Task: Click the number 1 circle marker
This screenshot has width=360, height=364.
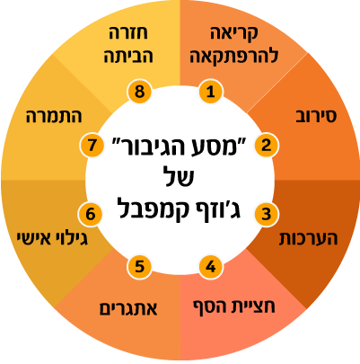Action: point(211,92)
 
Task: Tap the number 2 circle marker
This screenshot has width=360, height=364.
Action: point(267,145)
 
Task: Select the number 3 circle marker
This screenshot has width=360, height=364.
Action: point(267,214)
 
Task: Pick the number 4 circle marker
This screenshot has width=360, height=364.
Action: point(211,266)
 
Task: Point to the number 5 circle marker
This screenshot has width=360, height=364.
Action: point(139,266)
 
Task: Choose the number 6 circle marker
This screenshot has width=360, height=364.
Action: point(91,214)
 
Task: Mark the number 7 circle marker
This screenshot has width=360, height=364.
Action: point(92,145)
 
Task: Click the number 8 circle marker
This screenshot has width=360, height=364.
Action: point(139,92)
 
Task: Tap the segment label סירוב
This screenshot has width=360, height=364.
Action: point(316,116)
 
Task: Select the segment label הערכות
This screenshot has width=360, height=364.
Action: point(308,238)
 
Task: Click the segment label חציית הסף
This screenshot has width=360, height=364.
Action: point(234,306)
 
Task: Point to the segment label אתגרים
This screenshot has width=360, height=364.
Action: point(128,308)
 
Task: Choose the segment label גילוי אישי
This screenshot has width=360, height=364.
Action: point(52,238)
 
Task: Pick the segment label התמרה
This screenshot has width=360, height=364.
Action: point(54,116)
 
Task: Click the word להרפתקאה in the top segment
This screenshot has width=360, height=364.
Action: point(234,56)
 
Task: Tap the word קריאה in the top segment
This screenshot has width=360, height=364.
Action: point(234,33)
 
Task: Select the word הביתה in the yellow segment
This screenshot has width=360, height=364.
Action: point(128,56)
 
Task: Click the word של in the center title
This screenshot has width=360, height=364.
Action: point(180,177)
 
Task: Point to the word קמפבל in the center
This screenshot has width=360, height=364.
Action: point(155,209)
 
